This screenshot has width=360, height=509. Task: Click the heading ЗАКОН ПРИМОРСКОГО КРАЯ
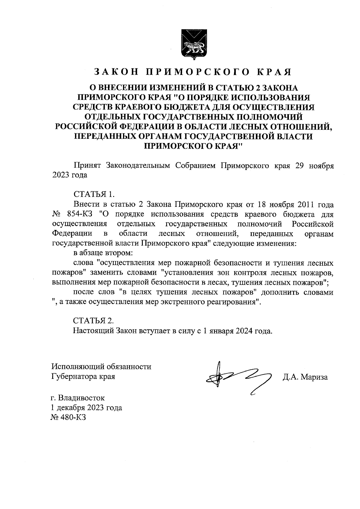tap(193, 72)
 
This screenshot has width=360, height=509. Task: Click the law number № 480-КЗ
tap(69, 418)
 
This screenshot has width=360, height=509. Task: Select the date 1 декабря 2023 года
tap(87, 408)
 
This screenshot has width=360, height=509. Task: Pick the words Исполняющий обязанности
tap(101, 367)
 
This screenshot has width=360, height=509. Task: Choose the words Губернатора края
tap(83, 376)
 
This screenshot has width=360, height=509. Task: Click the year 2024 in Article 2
tap(244, 331)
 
